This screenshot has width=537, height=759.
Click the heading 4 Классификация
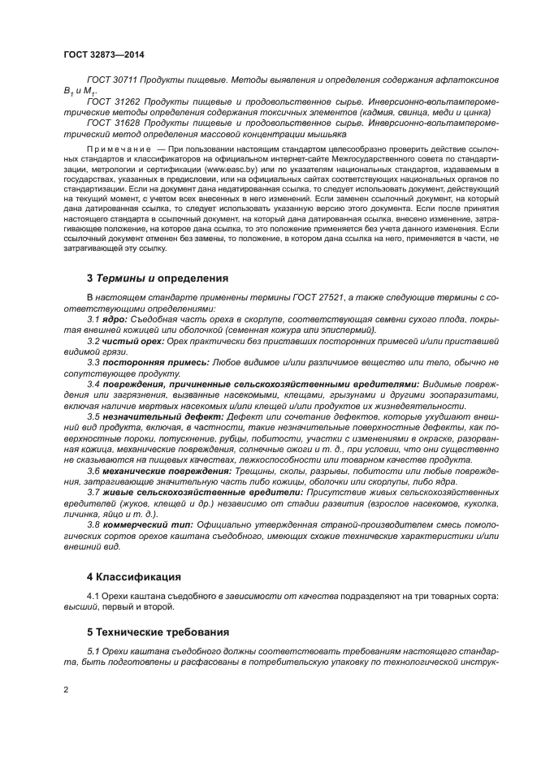(x=133, y=577)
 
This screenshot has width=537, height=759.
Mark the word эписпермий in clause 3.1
(x=347, y=331)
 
